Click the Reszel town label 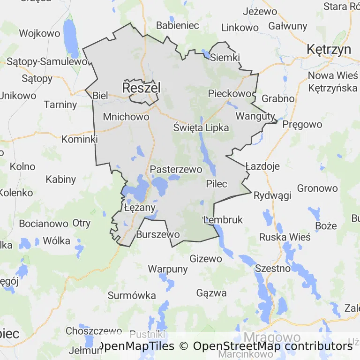coord(141,88)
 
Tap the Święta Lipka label coord(201,127)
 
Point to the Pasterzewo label coord(176,169)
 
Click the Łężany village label coord(140,207)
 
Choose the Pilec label coord(217,184)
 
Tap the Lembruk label coord(224,219)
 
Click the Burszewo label coord(158,234)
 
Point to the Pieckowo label coord(230,93)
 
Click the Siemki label coord(225,58)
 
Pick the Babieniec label coord(178,25)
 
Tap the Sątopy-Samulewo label coord(47,61)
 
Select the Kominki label coord(80,139)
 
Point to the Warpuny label coord(168,269)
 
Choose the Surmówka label coord(132,295)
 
